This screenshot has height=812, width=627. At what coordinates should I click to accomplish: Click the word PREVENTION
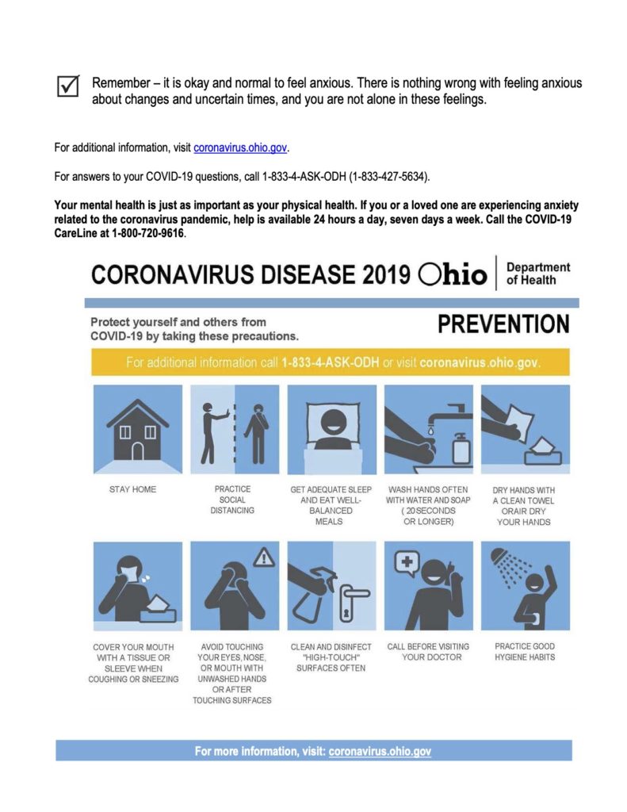[503, 325]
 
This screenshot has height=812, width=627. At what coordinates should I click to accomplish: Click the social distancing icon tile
[234, 429]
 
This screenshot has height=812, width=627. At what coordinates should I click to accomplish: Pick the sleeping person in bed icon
[331, 429]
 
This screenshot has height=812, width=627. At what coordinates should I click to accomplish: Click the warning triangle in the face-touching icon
[262, 559]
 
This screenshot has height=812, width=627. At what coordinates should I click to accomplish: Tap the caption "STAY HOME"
[133, 489]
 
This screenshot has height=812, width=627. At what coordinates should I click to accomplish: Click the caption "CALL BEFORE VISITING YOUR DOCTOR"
[428, 652]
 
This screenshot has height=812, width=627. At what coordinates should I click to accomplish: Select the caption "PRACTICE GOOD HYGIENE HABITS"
[525, 652]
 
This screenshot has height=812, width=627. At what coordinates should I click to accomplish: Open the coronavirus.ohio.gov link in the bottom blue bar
[380, 751]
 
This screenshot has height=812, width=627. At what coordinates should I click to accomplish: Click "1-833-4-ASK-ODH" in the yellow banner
[330, 363]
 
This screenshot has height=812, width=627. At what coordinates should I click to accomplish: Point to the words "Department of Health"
[537, 274]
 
